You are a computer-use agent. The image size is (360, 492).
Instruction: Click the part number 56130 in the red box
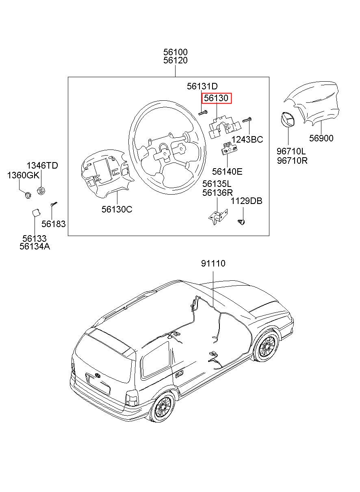(x=216, y=98)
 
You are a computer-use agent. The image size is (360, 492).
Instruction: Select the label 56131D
(x=202, y=86)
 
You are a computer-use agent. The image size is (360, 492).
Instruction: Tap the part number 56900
(x=321, y=138)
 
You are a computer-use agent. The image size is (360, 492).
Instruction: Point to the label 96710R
(x=292, y=161)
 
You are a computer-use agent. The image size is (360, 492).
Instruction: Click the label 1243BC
(x=247, y=139)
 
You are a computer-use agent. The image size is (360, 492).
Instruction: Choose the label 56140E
(x=227, y=171)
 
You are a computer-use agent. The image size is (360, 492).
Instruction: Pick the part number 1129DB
(x=247, y=201)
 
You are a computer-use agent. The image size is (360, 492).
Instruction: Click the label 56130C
(x=117, y=209)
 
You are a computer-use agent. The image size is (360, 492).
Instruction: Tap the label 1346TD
(x=42, y=165)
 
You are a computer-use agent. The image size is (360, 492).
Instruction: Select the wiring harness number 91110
(x=213, y=263)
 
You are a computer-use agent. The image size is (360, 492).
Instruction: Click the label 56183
(x=54, y=224)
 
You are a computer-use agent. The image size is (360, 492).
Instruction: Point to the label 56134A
(x=35, y=247)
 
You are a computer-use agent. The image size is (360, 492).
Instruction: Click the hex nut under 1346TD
(x=41, y=190)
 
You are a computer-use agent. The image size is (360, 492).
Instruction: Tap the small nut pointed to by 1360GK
(x=28, y=195)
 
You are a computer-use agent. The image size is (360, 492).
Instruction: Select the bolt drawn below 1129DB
(x=241, y=222)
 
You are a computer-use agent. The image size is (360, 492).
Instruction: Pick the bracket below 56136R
(x=218, y=217)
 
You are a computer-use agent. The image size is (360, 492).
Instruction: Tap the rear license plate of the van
(x=98, y=384)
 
